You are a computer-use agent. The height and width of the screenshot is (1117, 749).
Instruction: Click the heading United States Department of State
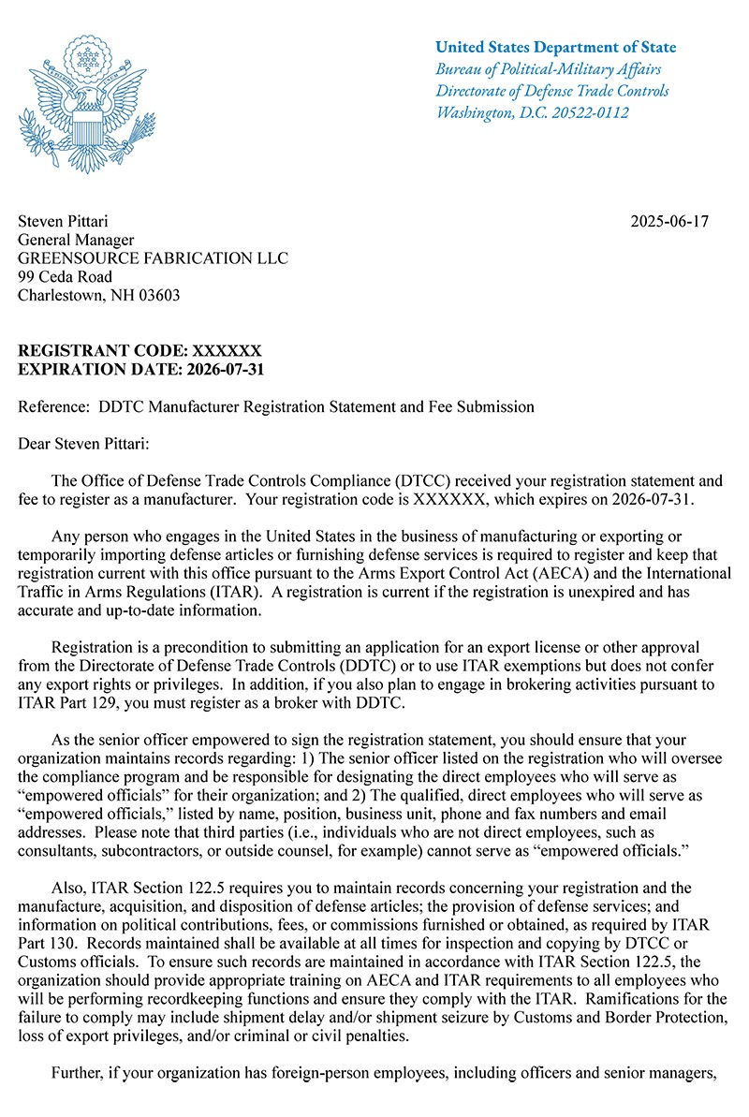555,48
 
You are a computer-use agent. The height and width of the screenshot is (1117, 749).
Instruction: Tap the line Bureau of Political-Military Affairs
549,70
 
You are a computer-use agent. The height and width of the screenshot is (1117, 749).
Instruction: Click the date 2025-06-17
669,222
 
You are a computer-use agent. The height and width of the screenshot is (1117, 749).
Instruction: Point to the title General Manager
76,241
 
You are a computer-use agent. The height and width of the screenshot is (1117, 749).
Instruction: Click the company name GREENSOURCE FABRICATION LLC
154,258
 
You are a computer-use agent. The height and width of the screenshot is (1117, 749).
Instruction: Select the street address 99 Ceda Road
66,277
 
